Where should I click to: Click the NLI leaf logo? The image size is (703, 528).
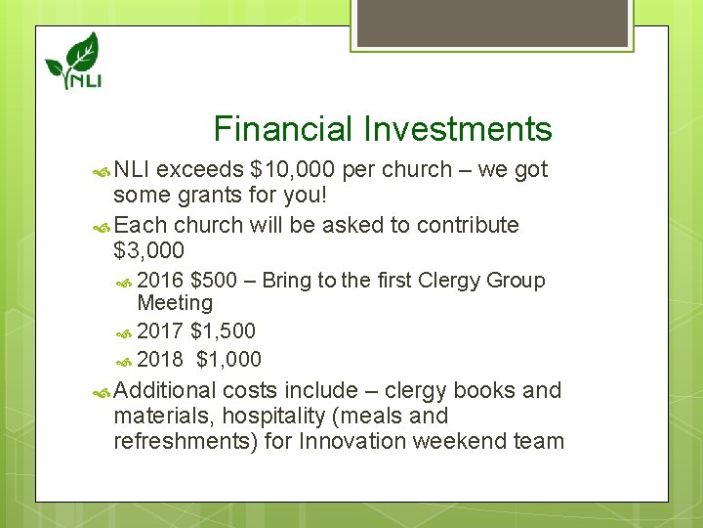(73, 61)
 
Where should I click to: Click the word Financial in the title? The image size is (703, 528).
(283, 129)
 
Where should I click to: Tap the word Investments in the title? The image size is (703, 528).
(457, 129)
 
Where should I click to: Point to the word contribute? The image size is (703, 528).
(462, 225)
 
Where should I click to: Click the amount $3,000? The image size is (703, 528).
(148, 250)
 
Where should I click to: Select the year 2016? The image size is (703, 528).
(160, 281)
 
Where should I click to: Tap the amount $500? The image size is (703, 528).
(214, 281)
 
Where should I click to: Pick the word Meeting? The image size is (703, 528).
(175, 303)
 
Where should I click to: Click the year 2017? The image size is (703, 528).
(160, 331)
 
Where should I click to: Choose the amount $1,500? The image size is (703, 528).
(224, 331)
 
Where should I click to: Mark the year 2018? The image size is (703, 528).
(160, 359)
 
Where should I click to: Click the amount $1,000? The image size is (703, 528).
(229, 359)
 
